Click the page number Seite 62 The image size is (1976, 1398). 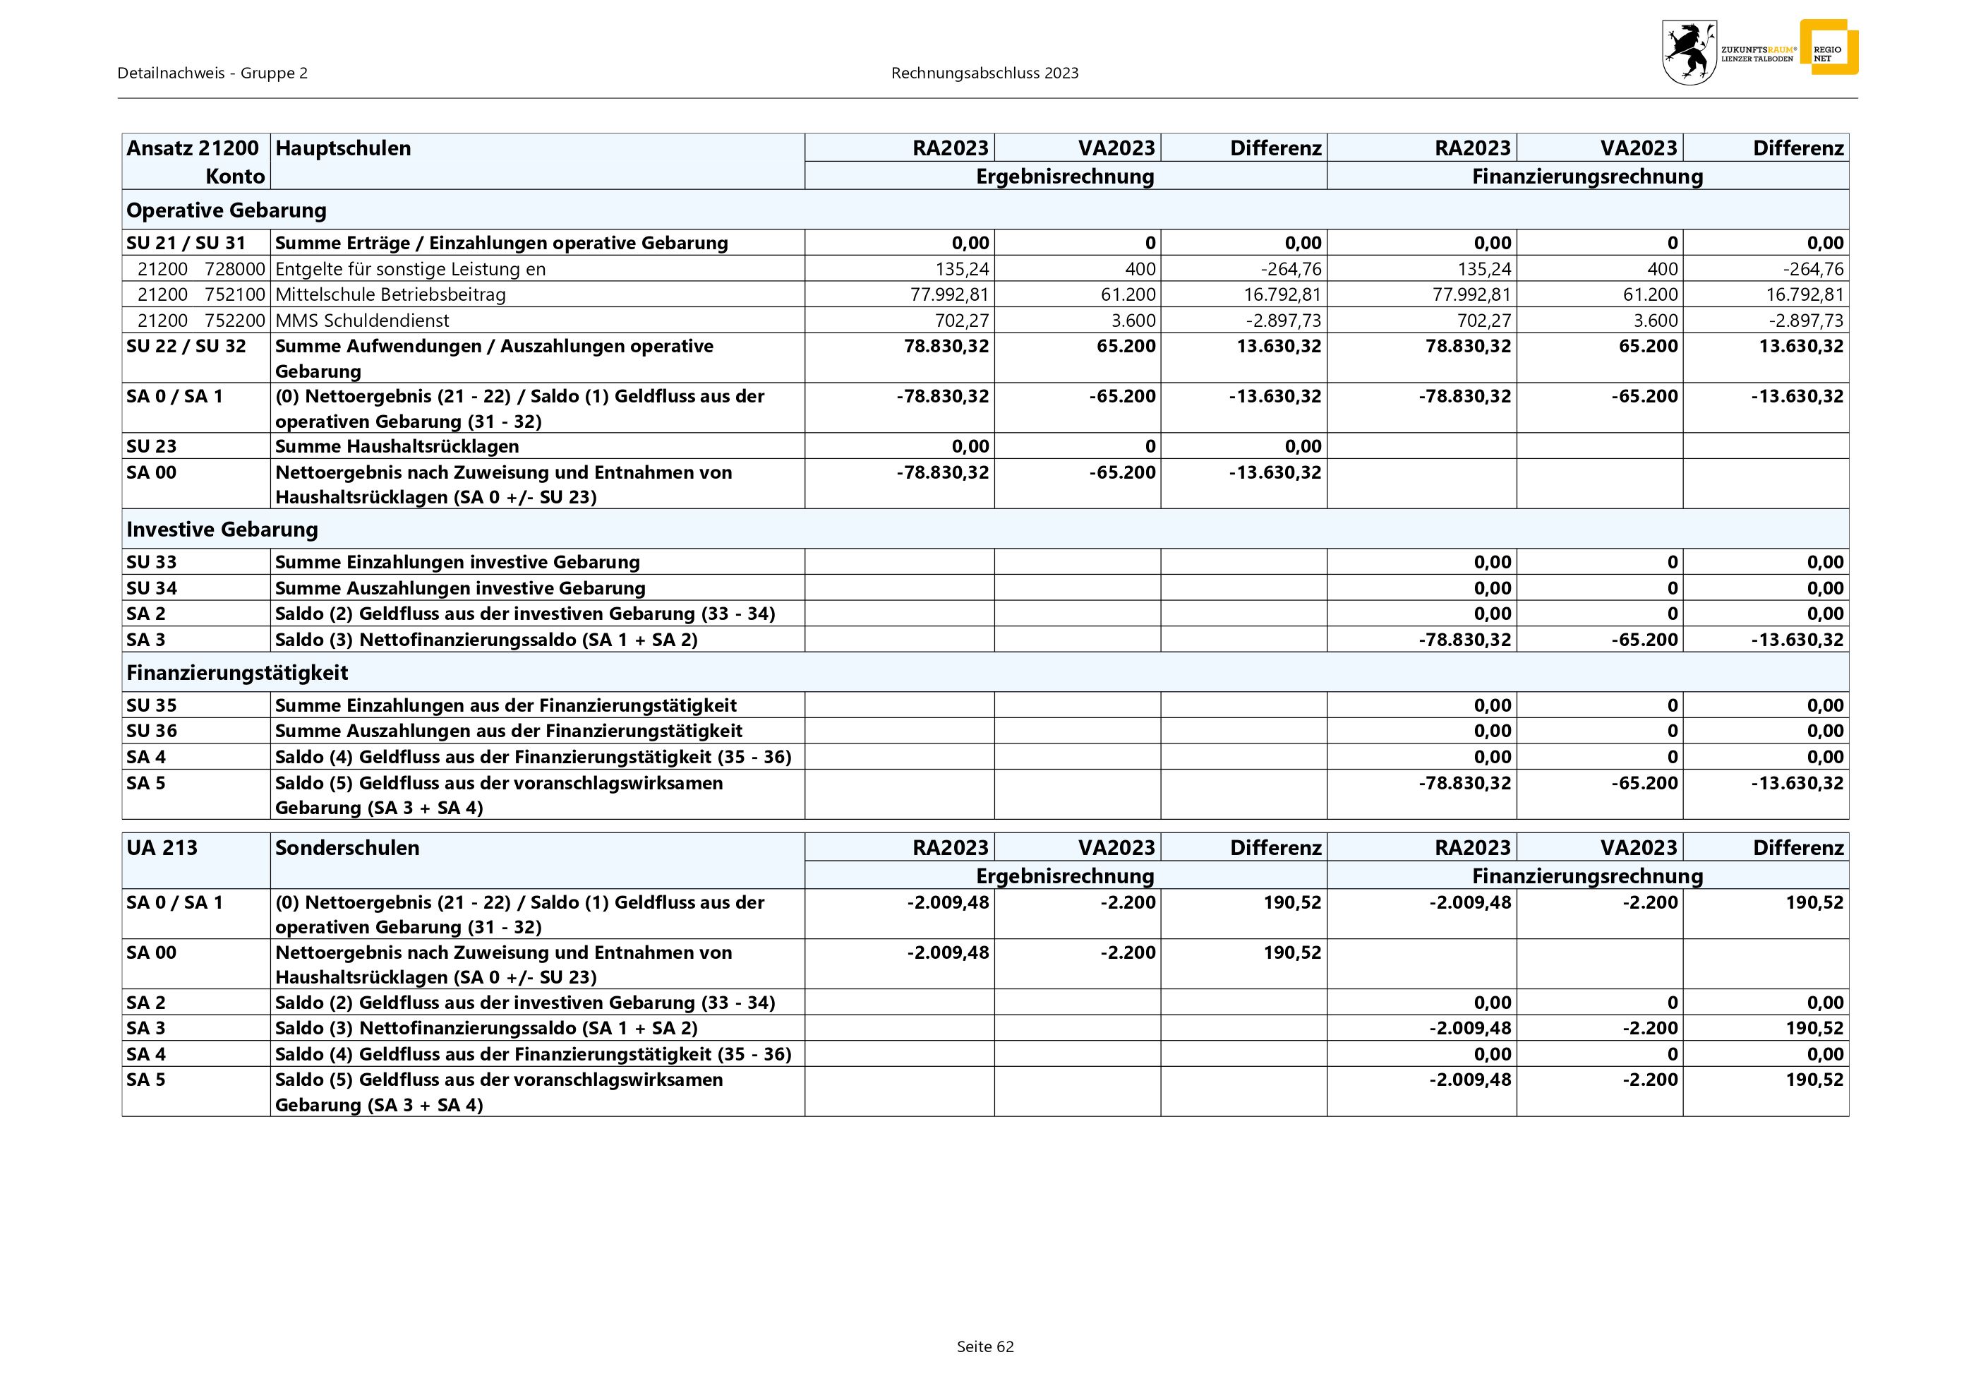984,1346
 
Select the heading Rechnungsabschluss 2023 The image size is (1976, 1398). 984,73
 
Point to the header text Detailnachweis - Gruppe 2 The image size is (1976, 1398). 212,73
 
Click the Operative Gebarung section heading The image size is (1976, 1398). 227,210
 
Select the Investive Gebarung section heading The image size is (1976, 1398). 222,530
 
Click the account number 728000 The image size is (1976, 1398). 235,268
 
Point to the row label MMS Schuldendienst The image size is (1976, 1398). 361,321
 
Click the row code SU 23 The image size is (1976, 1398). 152,446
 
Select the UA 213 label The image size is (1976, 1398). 162,848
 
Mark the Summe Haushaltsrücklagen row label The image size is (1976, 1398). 397,446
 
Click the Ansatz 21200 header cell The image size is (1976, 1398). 193,148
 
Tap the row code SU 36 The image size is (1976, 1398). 152,731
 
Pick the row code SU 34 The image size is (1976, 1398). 152,588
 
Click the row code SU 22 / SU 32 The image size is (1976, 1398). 186,346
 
